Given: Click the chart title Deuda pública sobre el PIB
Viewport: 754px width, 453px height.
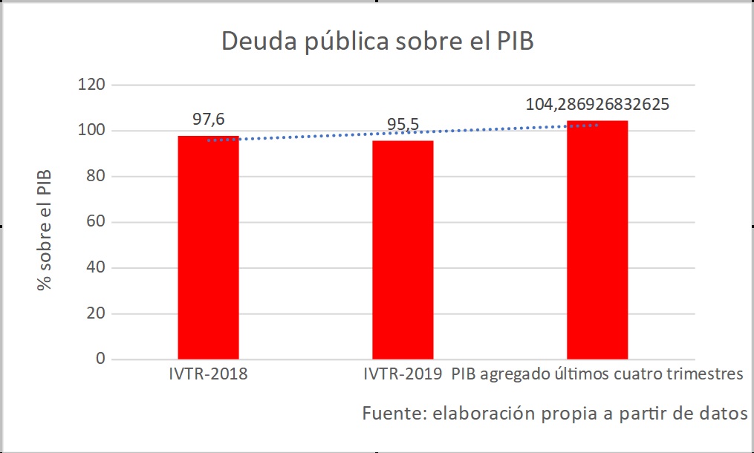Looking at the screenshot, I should click(x=377, y=42).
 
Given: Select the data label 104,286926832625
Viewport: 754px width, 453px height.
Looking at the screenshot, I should click(x=597, y=104).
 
